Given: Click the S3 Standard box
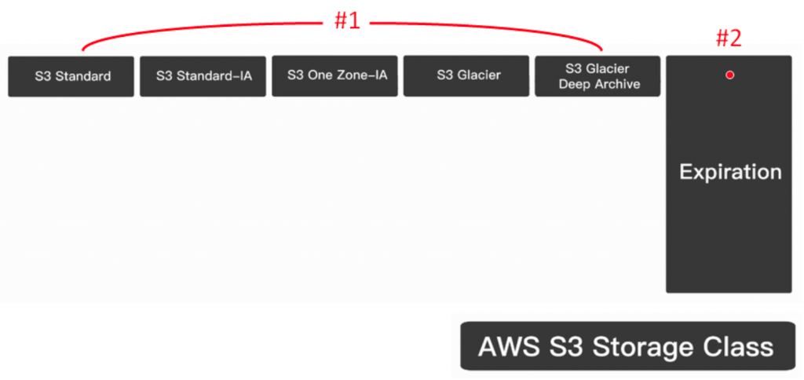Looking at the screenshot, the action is point(71,76).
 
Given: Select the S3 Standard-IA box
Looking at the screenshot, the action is point(203,76).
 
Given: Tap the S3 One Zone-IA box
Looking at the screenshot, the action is point(335,76).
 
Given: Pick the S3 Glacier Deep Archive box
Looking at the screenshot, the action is point(598,76).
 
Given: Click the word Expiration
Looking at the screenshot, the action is point(730,172).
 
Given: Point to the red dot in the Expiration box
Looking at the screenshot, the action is point(729,75).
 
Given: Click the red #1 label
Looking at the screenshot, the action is point(346,21).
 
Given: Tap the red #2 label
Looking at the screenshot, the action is point(729,38).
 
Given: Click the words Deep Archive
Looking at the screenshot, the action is point(599,84).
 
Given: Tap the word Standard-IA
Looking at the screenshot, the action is point(211,76).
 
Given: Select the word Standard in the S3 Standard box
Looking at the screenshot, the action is point(82,76).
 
